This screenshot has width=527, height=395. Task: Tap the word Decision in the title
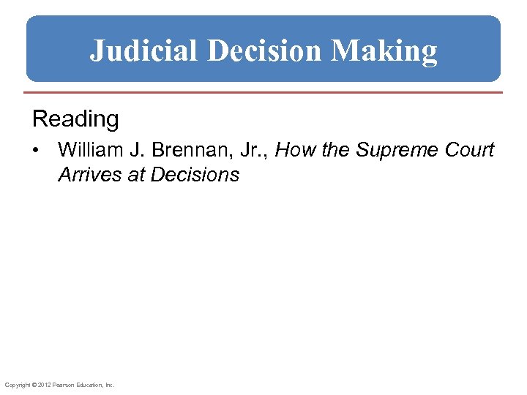click(x=265, y=51)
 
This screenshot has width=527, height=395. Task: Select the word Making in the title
click(x=384, y=51)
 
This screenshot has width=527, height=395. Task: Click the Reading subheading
click(x=75, y=118)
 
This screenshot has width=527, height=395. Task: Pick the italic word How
click(x=292, y=150)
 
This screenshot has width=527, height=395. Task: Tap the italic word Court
click(x=470, y=150)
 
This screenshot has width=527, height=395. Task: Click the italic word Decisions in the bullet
click(x=195, y=175)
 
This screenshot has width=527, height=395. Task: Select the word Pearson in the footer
click(x=59, y=385)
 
